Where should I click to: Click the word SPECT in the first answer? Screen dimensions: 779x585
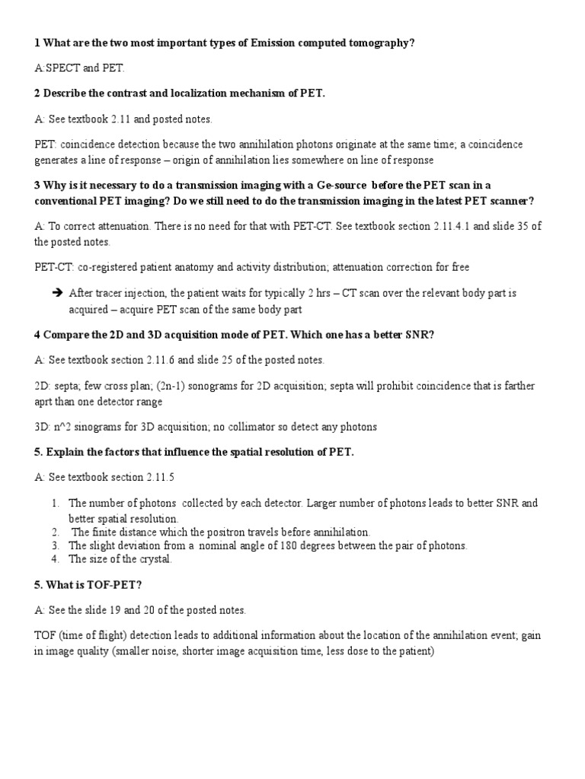pyautogui.click(x=63, y=68)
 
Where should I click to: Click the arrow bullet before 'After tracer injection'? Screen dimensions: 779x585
pyautogui.click(x=57, y=293)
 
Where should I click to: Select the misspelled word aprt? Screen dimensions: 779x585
pyautogui.click(x=47, y=401)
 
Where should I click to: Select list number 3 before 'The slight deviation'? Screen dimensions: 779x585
pyautogui.click(x=56, y=545)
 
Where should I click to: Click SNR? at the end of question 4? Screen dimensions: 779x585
pyautogui.click(x=420, y=335)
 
